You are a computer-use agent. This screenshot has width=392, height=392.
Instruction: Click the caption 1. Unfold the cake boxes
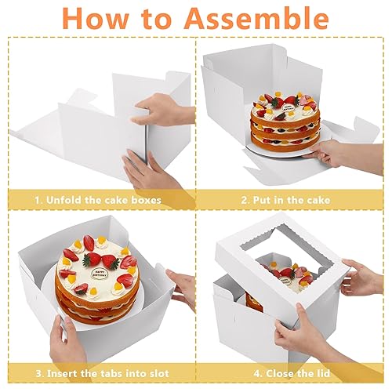(97, 200)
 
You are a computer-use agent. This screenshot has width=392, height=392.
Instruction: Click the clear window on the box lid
(284, 270)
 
